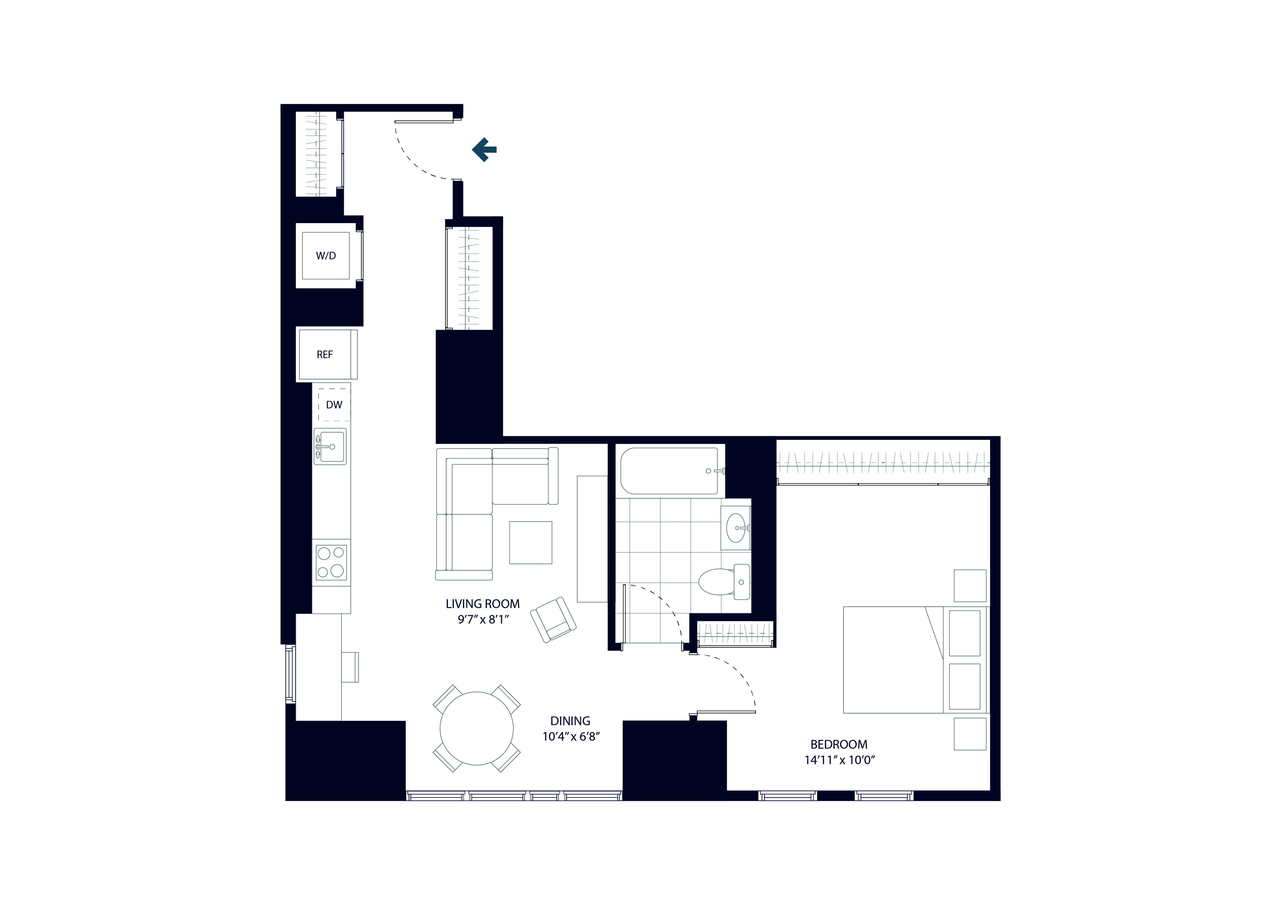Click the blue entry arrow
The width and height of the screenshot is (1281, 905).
click(x=484, y=149)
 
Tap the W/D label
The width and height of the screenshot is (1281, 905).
click(x=326, y=256)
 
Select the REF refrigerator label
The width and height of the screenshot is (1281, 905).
click(x=325, y=354)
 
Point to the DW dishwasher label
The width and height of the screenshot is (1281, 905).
click(x=334, y=405)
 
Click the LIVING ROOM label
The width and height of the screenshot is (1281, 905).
click(x=483, y=604)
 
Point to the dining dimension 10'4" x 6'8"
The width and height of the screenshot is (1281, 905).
click(x=571, y=737)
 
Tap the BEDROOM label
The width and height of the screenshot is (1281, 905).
click(x=838, y=744)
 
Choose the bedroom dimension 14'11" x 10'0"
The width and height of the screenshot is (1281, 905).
click(x=839, y=760)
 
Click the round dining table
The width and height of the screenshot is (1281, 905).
click(x=477, y=728)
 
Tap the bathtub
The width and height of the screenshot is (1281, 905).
click(x=670, y=471)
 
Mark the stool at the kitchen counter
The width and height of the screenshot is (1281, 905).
click(x=350, y=667)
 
